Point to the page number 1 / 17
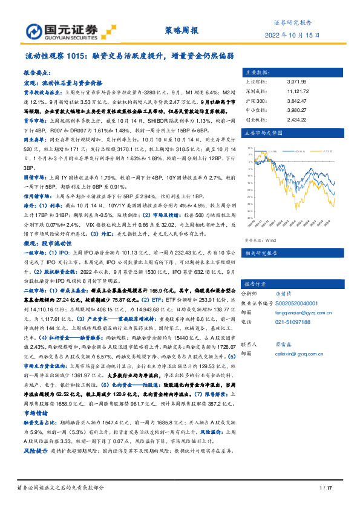[x=326, y=488]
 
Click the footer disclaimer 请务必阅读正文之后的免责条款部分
[x=61, y=488]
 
